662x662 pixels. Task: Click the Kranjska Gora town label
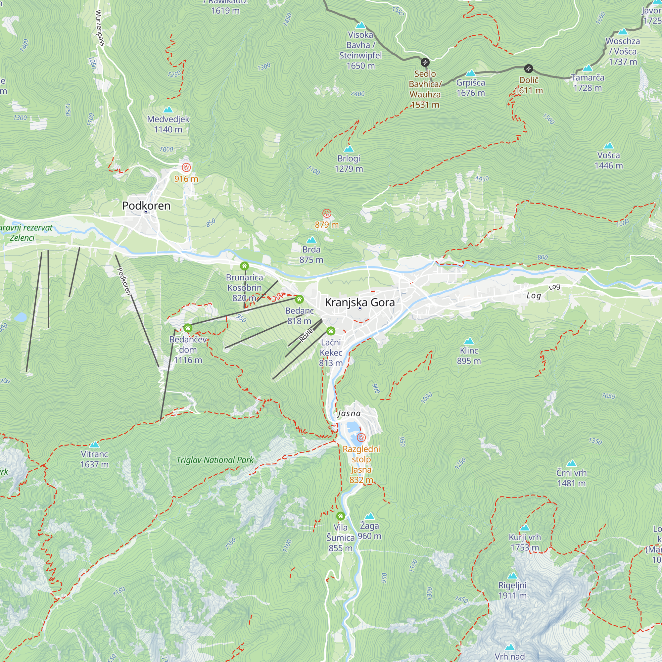coord(359,303)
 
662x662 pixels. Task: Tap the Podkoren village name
coord(146,206)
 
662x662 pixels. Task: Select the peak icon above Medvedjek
coord(168,110)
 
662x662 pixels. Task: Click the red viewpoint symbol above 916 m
coord(186,167)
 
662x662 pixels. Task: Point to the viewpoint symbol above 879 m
coord(327,213)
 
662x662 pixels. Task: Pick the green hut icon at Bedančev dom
coord(187,328)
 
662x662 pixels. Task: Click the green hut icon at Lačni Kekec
coord(331,331)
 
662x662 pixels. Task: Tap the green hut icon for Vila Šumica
coord(340,516)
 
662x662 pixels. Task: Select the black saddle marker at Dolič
coord(529,69)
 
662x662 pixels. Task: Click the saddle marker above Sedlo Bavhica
coord(425,62)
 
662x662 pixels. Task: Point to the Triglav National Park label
coord(215,460)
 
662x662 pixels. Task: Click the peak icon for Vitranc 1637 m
coord(94,445)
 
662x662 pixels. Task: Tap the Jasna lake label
coord(349,413)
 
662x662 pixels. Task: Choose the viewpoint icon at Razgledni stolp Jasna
coord(361,438)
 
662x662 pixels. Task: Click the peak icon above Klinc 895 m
coord(469,341)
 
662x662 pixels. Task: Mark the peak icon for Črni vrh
coord(571,464)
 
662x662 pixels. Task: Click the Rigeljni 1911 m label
coord(512,591)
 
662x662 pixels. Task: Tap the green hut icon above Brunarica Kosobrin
coord(244,266)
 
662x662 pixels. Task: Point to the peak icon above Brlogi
coord(349,149)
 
